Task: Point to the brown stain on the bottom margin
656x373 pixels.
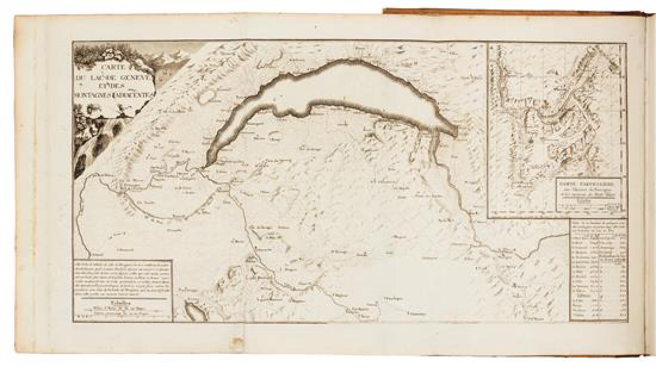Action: point(238,343)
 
